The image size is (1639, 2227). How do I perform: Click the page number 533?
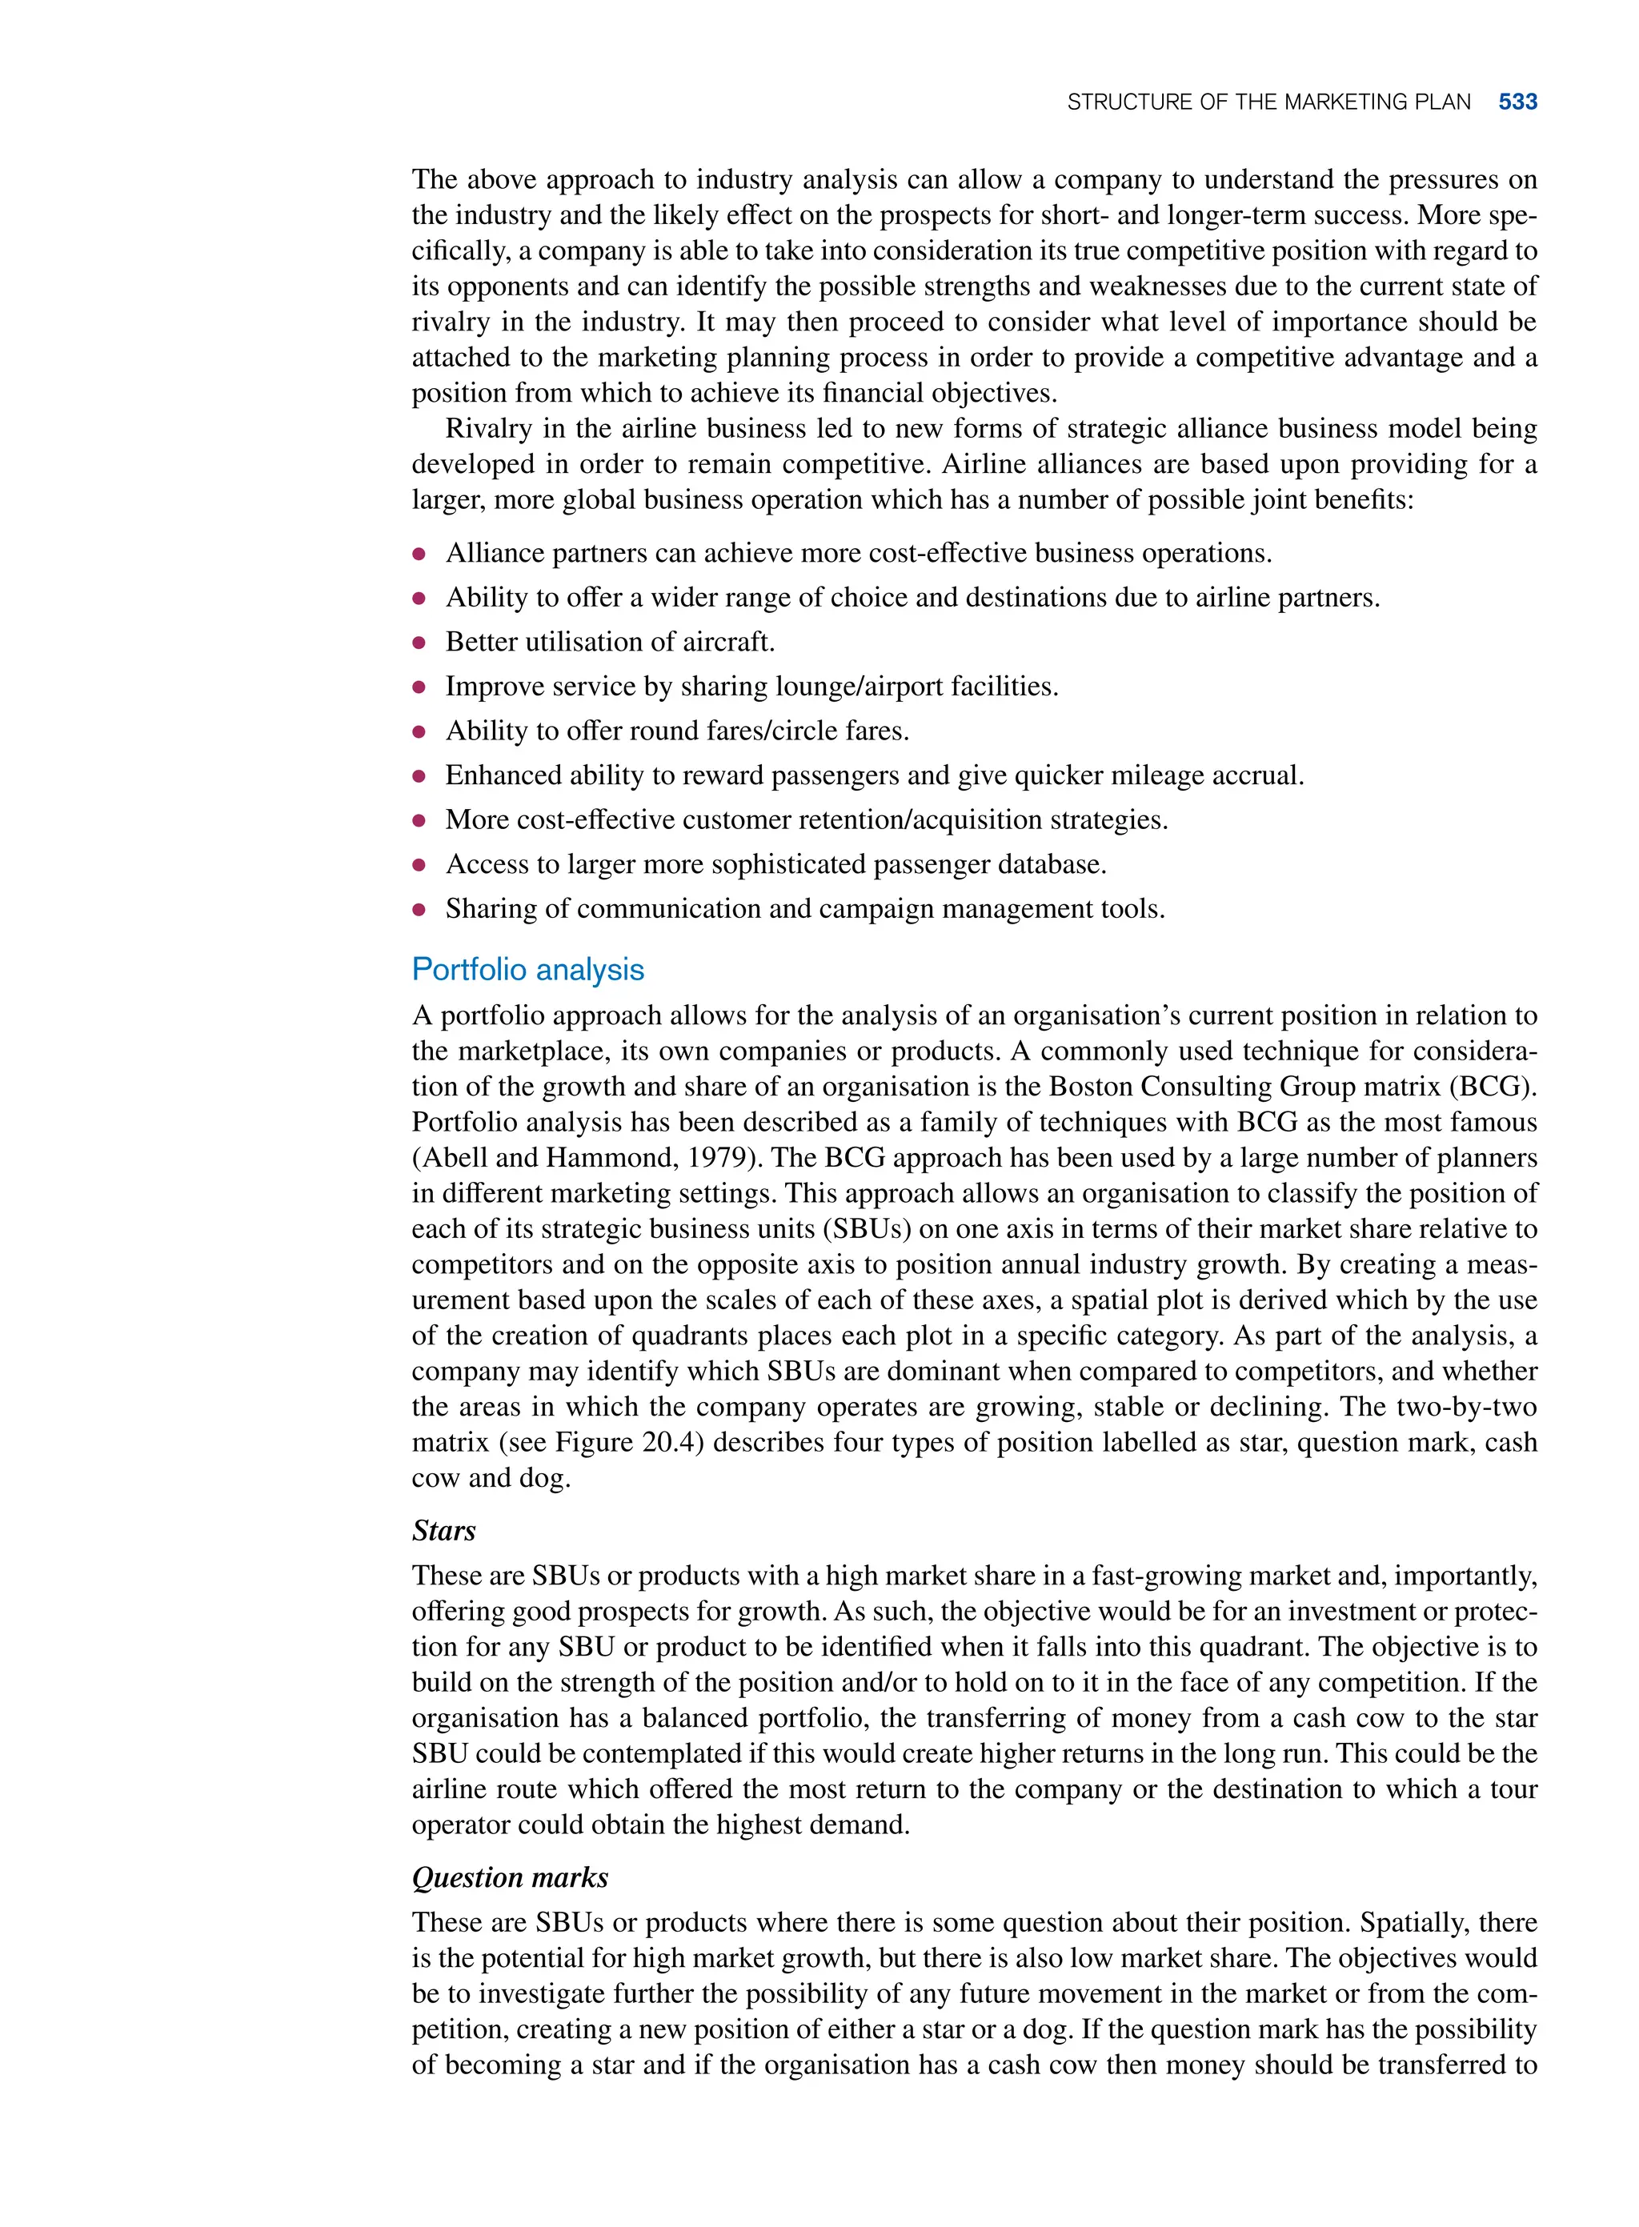pyautogui.click(x=1517, y=101)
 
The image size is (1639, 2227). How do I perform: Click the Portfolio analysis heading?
pyautogui.click(x=528, y=969)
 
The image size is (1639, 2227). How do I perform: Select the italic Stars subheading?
pyautogui.click(x=443, y=1531)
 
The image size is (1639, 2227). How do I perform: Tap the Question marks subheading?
pyautogui.click(x=510, y=1877)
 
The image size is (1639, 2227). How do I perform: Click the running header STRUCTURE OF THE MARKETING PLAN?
pyautogui.click(x=1268, y=101)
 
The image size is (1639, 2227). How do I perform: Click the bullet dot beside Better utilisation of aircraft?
pyautogui.click(x=419, y=643)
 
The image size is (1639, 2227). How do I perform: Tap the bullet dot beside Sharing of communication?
pyautogui.click(x=419, y=910)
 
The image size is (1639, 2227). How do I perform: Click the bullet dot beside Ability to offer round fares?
pyautogui.click(x=419, y=732)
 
